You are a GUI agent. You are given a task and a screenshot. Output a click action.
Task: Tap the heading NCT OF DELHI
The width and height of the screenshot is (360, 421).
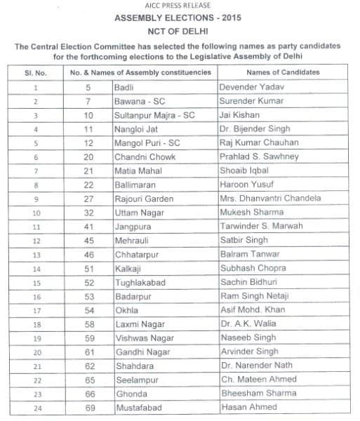(180, 31)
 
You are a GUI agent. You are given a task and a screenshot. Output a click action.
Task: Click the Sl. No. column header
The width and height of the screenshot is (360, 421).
(36, 72)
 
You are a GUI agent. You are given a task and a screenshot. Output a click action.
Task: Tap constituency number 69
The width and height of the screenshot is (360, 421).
(88, 407)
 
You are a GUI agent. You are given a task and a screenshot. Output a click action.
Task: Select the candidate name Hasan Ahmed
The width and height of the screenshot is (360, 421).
(248, 407)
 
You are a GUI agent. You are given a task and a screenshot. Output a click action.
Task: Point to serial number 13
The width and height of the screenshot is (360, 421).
(35, 254)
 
